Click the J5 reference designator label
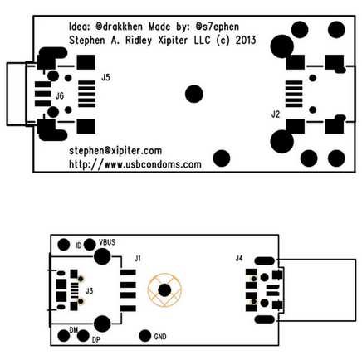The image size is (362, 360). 105,77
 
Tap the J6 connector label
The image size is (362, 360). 60,96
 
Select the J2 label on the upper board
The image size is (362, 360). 276,114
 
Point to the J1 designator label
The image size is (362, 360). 138,259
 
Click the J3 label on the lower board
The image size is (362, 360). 89,291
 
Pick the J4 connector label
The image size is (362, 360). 239,259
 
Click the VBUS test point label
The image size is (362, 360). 107,242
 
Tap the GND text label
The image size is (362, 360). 160,337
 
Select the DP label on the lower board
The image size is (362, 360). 95,340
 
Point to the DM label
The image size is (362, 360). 74,330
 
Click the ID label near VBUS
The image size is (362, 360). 79,246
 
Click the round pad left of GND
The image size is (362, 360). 145,336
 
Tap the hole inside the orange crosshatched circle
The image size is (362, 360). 164,290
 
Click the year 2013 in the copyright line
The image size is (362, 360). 246,41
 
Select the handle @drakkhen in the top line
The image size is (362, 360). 120,27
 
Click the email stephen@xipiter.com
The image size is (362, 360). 115,151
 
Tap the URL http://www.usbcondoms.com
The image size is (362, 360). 135,164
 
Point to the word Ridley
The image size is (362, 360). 139,41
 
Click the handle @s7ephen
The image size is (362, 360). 218,27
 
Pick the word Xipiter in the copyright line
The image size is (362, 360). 173,41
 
